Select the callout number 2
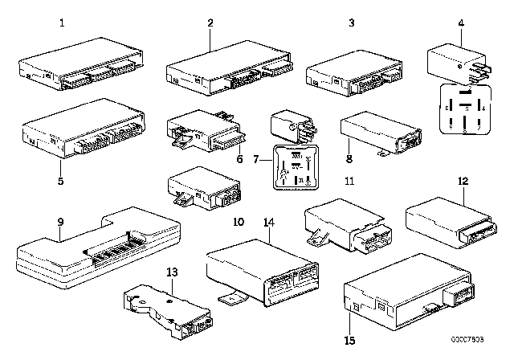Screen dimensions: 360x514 click(210, 23)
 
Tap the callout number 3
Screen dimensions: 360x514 click(350, 23)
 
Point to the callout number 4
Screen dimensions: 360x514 click(460, 23)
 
